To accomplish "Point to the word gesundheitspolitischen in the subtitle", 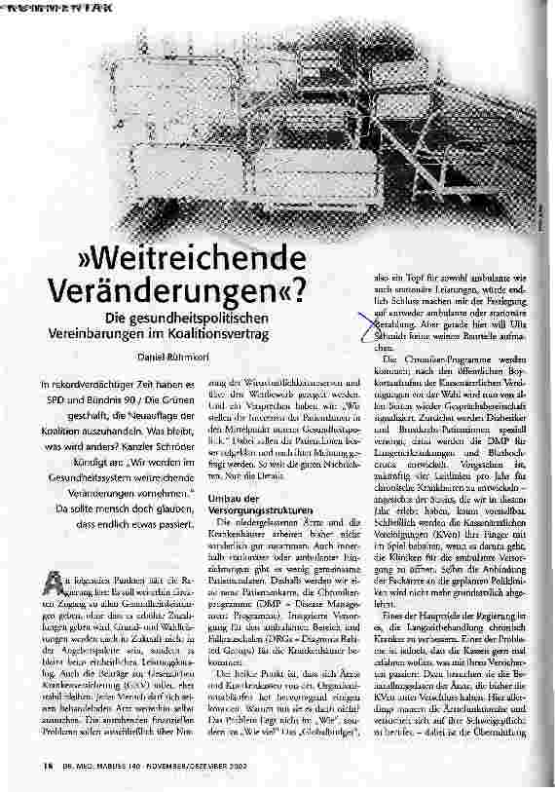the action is coord(223,318).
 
